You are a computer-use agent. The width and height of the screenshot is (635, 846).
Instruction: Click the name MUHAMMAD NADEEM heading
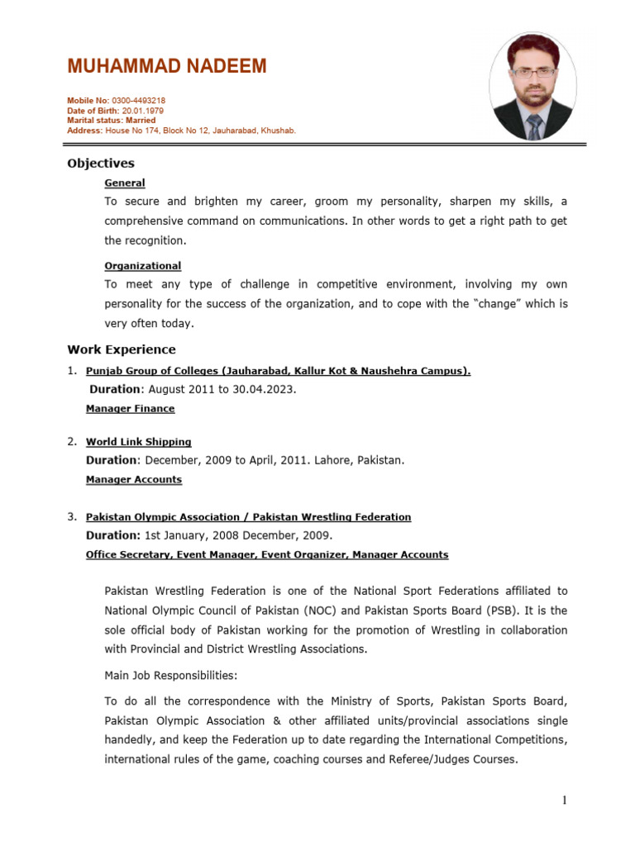[x=166, y=67]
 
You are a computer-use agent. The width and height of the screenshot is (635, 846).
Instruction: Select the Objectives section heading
[x=100, y=164]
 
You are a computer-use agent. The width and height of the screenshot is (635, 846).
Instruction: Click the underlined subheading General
[x=124, y=183]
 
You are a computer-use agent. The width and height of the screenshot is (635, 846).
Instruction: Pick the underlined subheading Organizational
[x=142, y=265]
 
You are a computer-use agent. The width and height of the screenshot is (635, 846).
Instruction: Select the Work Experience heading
[x=121, y=349]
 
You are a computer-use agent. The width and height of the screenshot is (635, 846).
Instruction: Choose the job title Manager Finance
[x=130, y=408]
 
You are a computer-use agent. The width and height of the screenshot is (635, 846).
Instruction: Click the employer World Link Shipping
[x=138, y=442]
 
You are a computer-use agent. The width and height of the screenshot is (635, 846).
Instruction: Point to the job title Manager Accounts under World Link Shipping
[x=133, y=479]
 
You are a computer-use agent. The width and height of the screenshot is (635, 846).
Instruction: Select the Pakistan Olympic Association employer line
[x=248, y=516]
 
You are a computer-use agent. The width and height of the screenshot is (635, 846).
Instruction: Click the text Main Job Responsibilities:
[x=170, y=675]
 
